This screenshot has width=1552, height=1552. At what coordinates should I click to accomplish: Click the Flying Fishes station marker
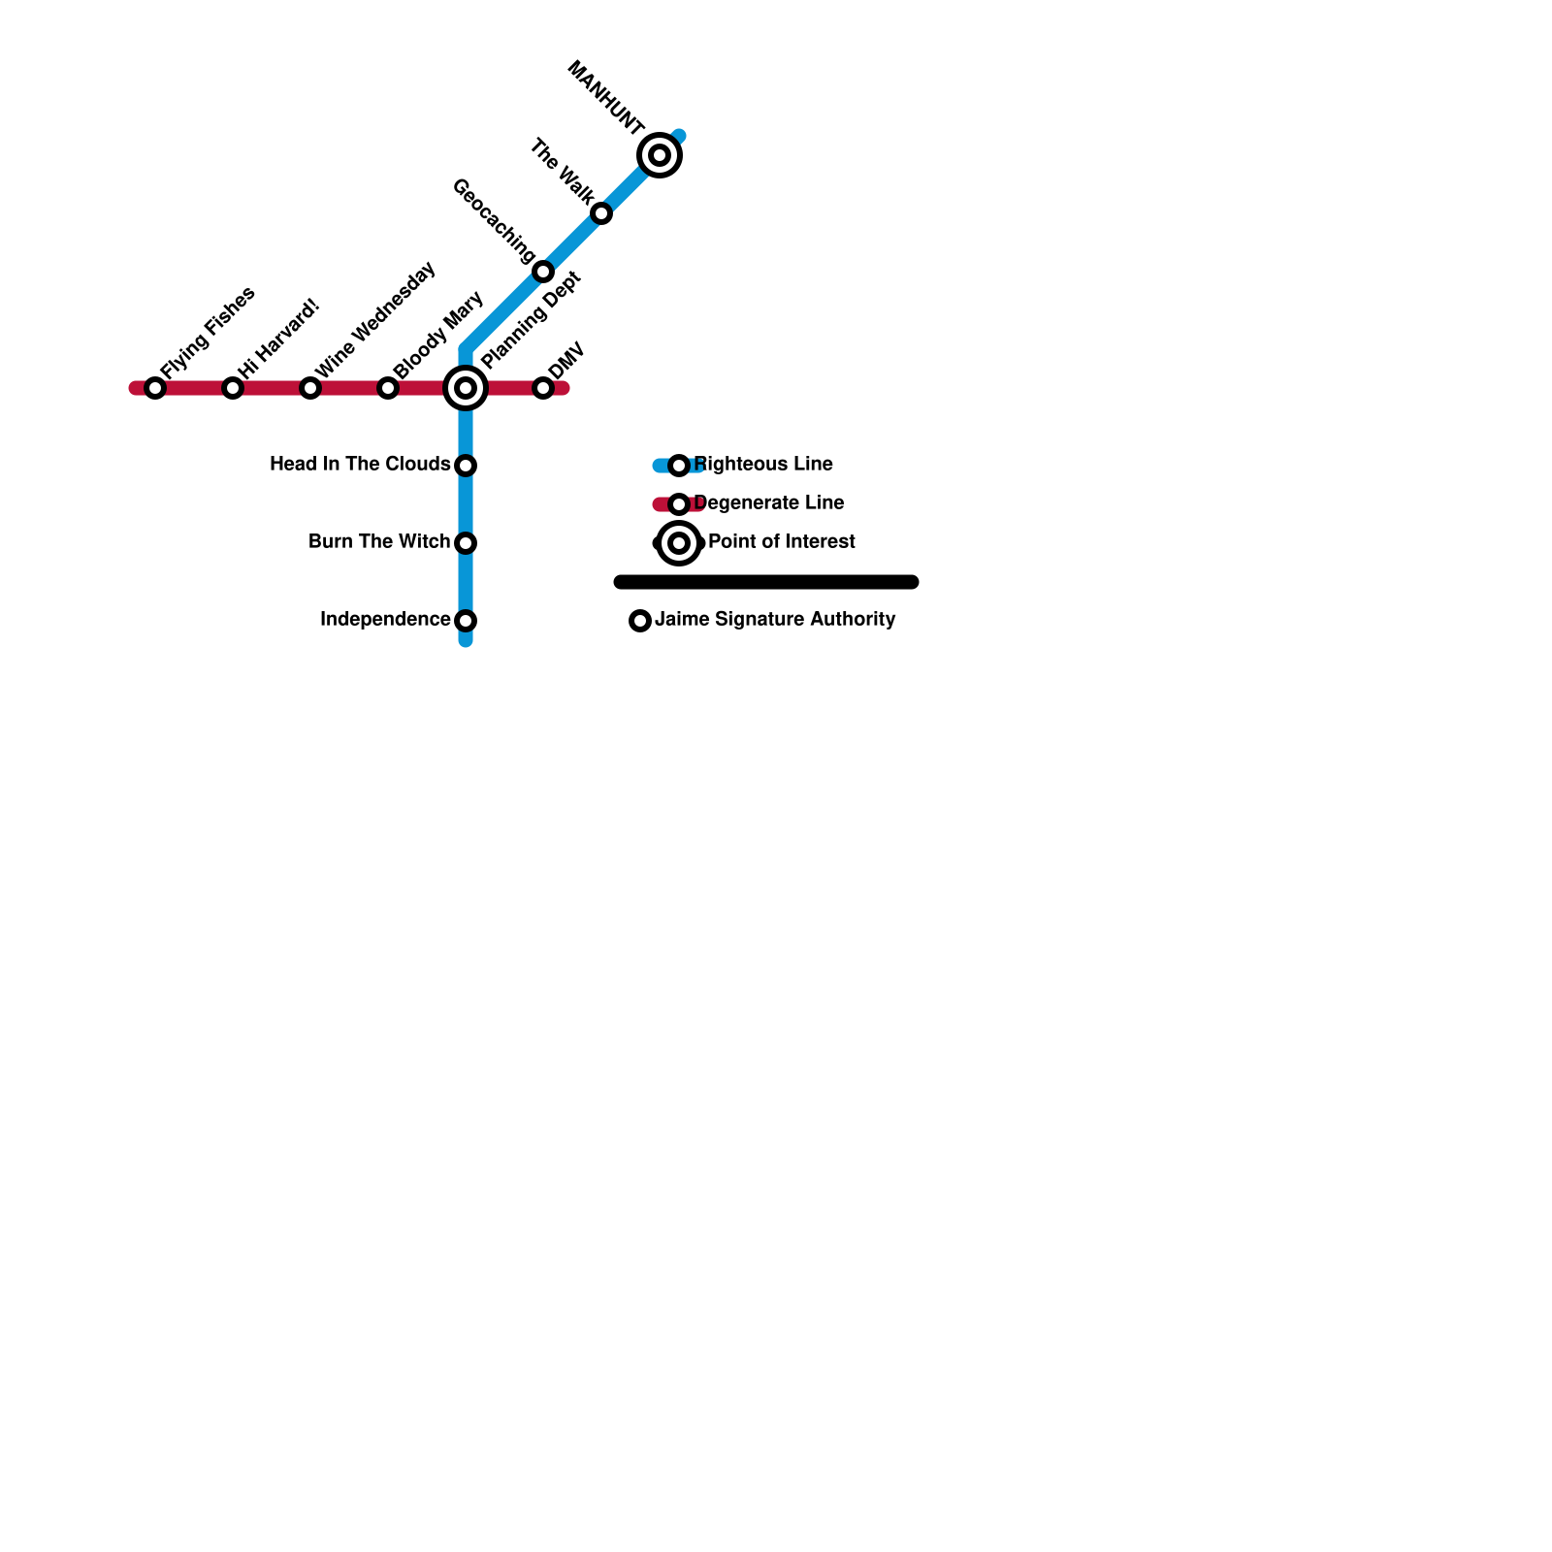155,388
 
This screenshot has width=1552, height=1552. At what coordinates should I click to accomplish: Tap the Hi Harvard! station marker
233,388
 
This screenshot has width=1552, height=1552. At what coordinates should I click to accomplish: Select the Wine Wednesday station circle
310,388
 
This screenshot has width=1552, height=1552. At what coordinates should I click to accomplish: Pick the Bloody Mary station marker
388,388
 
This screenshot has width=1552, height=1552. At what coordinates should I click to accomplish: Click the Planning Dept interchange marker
466,388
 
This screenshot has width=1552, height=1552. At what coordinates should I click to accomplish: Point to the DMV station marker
543,388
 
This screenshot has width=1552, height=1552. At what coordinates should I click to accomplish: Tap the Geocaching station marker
543,272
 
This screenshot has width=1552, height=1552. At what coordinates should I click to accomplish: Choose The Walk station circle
601,213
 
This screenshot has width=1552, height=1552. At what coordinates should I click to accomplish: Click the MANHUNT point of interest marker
660,155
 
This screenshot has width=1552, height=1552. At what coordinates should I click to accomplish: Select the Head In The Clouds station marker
466,466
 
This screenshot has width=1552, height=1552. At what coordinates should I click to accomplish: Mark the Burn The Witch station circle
466,543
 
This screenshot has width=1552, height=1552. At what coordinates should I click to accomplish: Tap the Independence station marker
466,621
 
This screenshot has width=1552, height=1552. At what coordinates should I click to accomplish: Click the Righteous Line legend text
764,465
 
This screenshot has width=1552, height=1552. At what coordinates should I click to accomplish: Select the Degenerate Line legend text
769,503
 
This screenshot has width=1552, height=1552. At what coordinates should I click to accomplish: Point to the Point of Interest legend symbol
679,543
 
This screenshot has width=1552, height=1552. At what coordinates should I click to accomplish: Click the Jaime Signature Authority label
775,620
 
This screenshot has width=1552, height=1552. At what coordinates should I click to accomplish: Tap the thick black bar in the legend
766,582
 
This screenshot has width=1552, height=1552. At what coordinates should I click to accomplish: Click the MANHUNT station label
606,98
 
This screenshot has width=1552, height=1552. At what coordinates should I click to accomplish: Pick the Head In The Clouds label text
360,465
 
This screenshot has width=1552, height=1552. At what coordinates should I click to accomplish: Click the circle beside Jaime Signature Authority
640,621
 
